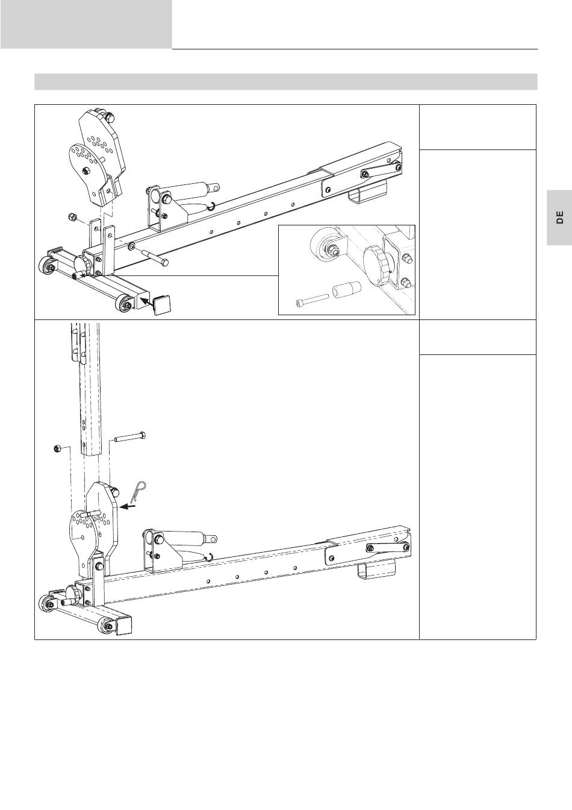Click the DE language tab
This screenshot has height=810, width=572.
[559, 218]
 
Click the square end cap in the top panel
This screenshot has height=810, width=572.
[163, 306]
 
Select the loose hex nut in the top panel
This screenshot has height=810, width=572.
[71, 217]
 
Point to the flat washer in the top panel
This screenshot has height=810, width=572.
[131, 246]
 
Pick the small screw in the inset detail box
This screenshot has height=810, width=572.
[311, 300]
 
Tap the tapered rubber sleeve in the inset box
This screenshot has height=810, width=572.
[347, 290]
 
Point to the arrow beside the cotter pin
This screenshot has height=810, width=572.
[128, 507]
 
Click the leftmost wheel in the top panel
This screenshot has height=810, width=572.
[46, 266]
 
